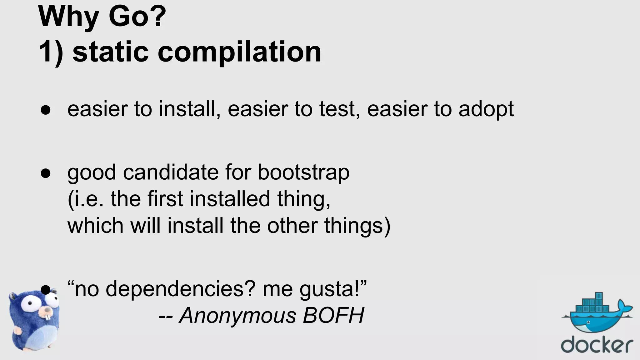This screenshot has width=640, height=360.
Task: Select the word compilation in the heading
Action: (239, 52)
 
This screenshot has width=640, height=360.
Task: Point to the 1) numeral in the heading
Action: (51, 52)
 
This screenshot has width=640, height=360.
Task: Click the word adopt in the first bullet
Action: (486, 109)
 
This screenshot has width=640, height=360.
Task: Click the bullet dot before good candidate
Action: (46, 173)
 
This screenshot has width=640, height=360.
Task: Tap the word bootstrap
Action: (303, 173)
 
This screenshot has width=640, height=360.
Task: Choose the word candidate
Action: (171, 173)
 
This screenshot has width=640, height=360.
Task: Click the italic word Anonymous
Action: (237, 316)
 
